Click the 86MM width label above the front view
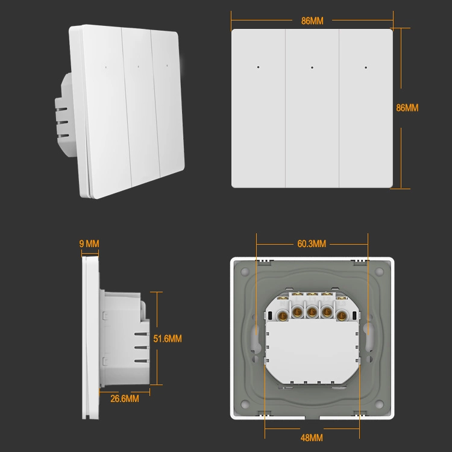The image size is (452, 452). pyautogui.click(x=312, y=20)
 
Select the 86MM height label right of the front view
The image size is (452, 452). pyautogui.click(x=407, y=108)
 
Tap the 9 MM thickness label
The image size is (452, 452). pyautogui.click(x=89, y=244)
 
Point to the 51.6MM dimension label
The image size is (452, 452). pyautogui.click(x=168, y=339)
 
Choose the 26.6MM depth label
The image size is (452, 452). pyautogui.click(x=124, y=399)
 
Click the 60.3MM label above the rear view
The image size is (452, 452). pyautogui.click(x=312, y=244)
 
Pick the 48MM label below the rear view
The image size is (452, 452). pyautogui.click(x=312, y=437)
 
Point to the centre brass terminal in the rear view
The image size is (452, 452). pyautogui.click(x=312, y=311)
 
